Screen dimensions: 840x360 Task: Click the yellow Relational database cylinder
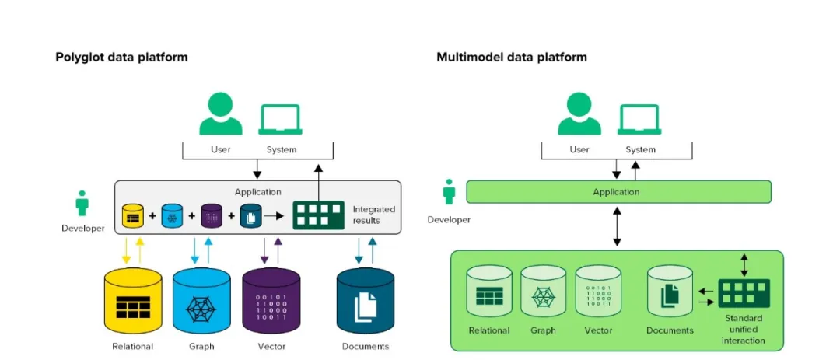click(133, 301)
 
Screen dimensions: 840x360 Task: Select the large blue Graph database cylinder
click(202, 301)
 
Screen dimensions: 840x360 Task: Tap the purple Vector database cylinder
click(271, 301)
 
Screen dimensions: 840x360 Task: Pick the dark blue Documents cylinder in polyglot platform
click(366, 301)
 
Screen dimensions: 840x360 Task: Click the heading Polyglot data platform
click(121, 57)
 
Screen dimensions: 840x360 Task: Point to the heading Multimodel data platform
click(512, 57)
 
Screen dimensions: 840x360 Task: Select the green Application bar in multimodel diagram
click(619, 192)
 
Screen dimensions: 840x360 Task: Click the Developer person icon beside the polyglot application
click(82, 203)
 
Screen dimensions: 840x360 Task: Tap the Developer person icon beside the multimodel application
click(449, 192)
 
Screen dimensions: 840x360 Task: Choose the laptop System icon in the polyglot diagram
click(280, 120)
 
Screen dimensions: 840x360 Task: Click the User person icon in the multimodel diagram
click(579, 114)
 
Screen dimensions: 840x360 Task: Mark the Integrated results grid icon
click(318, 215)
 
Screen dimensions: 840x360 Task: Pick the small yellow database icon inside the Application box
click(133, 216)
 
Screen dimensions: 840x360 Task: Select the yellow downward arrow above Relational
click(127, 250)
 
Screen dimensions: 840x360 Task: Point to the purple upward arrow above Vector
click(278, 250)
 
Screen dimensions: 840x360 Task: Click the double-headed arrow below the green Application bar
click(617, 227)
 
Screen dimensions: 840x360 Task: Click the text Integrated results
click(373, 215)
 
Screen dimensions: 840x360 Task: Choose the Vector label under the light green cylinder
click(599, 330)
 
